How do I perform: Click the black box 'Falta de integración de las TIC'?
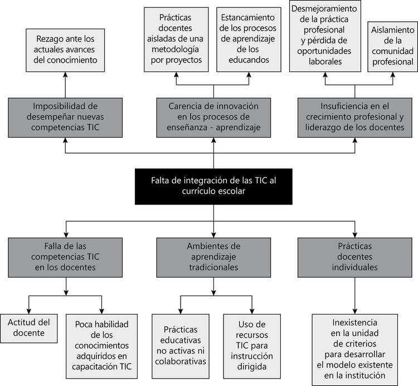(213, 185)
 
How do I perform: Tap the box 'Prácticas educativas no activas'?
(179, 345)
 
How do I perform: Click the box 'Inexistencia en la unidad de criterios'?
(354, 349)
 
